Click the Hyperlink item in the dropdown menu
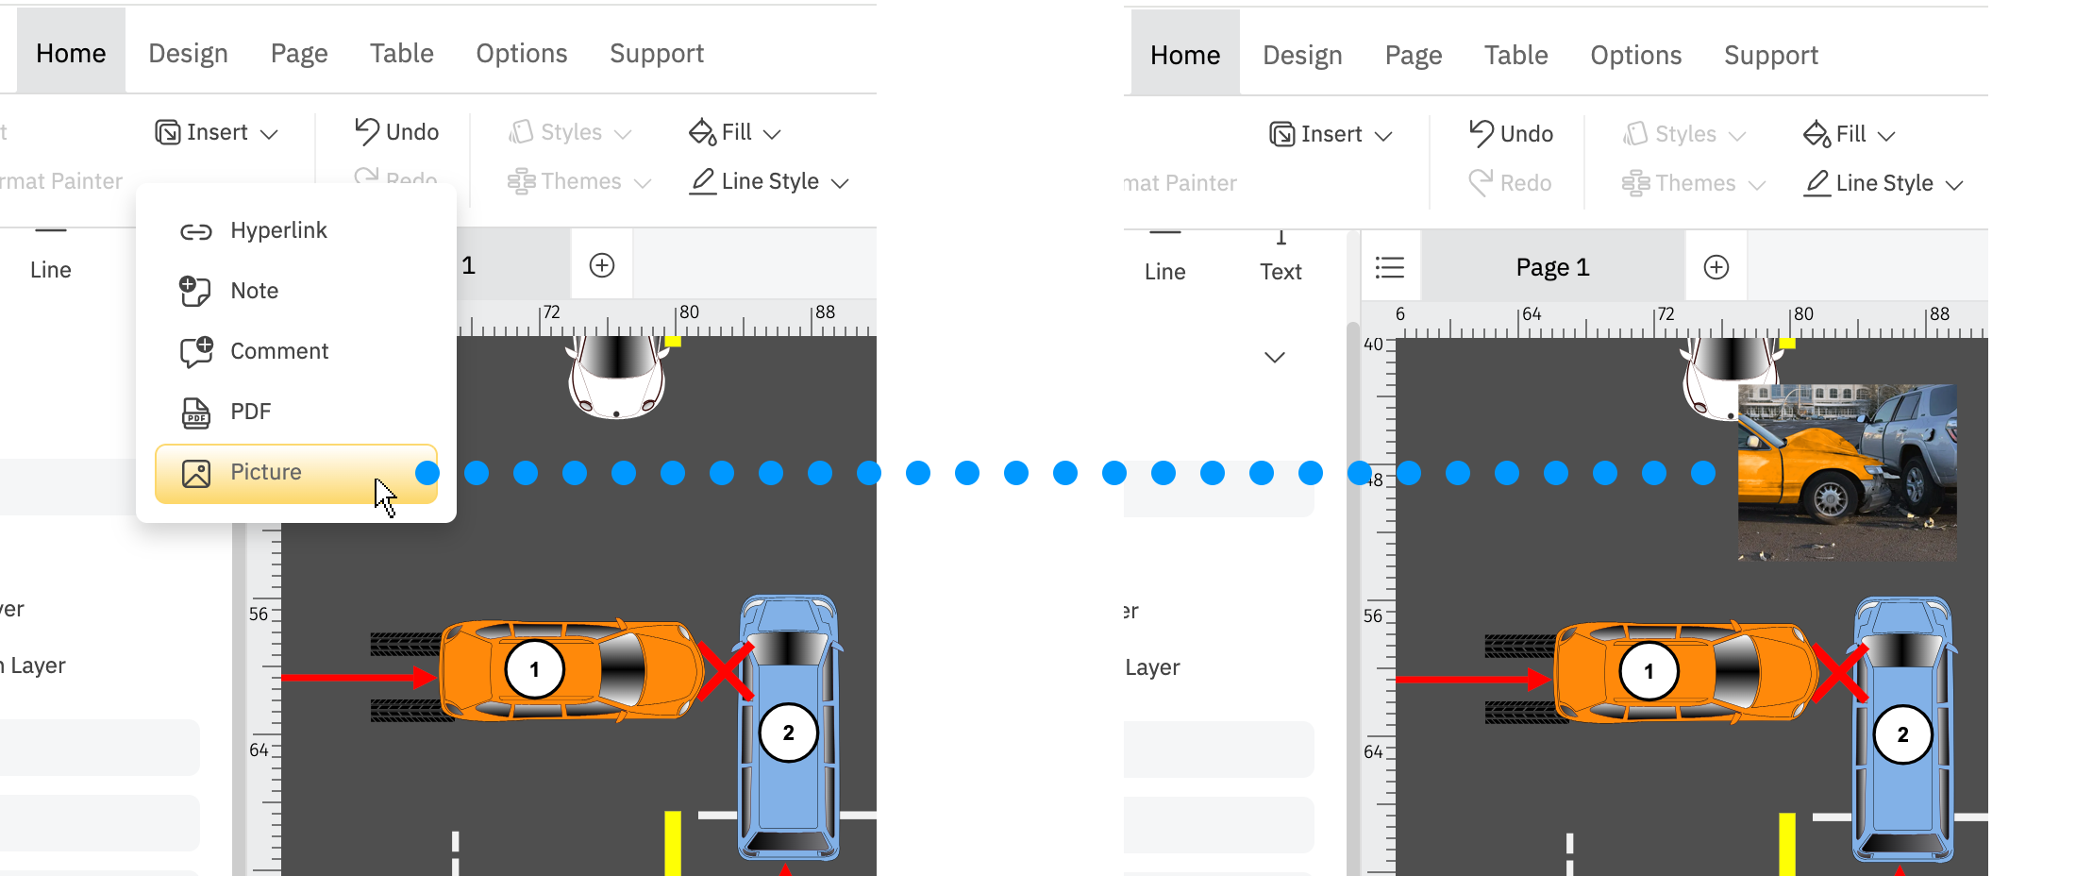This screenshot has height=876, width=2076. click(278, 230)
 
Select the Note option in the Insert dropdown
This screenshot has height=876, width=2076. click(254, 291)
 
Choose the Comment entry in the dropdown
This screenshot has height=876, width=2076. click(278, 351)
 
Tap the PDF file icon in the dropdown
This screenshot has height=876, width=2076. click(196, 413)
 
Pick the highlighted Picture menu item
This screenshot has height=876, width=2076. click(295, 473)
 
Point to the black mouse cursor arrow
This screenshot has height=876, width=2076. click(383, 495)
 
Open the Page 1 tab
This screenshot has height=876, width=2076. click(1552, 268)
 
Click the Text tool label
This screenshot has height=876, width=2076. click(1281, 272)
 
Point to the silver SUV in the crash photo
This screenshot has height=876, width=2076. click(1906, 434)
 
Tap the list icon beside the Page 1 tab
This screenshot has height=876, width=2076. click(1390, 268)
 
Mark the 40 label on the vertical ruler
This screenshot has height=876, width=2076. click(1373, 345)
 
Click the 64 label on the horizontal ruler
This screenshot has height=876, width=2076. click(1532, 313)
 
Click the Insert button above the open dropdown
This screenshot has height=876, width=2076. click(217, 132)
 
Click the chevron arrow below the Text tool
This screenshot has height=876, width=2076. click(1275, 357)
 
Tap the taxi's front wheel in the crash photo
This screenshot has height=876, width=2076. click(1831, 498)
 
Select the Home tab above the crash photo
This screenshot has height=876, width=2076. click(1185, 55)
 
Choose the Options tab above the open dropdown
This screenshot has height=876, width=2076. click(521, 53)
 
